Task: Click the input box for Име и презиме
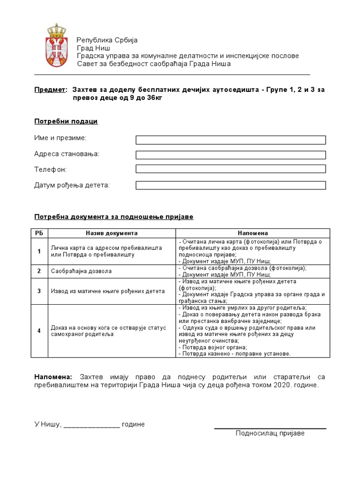click(231, 140)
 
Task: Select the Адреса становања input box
click(231, 155)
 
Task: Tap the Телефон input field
click(231, 169)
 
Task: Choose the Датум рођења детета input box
click(231, 186)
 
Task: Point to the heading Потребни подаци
click(66, 121)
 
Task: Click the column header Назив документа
click(112, 233)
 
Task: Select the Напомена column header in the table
click(253, 233)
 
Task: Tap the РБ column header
click(39, 233)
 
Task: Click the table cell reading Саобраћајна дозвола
click(81, 271)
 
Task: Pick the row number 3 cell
click(39, 291)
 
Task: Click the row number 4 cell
click(39, 331)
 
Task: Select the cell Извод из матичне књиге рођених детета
click(108, 291)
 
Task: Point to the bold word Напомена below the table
click(53, 377)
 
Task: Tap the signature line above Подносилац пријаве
click(270, 428)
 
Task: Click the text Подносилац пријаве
click(270, 434)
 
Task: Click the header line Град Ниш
click(94, 48)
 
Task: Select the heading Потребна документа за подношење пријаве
click(113, 217)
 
